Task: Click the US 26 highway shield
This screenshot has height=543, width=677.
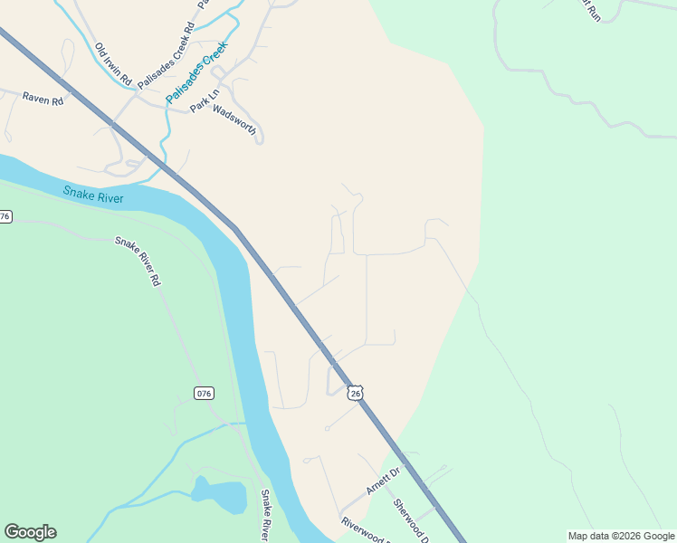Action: pyautogui.click(x=356, y=393)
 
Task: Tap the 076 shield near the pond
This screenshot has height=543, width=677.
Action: pyautogui.click(x=204, y=393)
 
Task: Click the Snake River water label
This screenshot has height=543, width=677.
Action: pyautogui.click(x=93, y=195)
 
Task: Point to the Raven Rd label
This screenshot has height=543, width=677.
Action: pyautogui.click(x=43, y=100)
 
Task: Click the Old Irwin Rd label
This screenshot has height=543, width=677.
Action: pyautogui.click(x=114, y=62)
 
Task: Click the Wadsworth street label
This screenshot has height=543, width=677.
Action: pyautogui.click(x=235, y=121)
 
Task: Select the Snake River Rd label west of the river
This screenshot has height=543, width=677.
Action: pyautogui.click(x=138, y=262)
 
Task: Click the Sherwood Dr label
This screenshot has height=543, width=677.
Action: pyautogui.click(x=409, y=515)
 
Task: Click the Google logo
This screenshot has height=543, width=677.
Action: pyautogui.click(x=30, y=532)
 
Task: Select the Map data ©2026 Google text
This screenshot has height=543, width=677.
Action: pyautogui.click(x=622, y=536)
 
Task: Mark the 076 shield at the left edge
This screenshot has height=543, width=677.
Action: pyautogui.click(x=5, y=217)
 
